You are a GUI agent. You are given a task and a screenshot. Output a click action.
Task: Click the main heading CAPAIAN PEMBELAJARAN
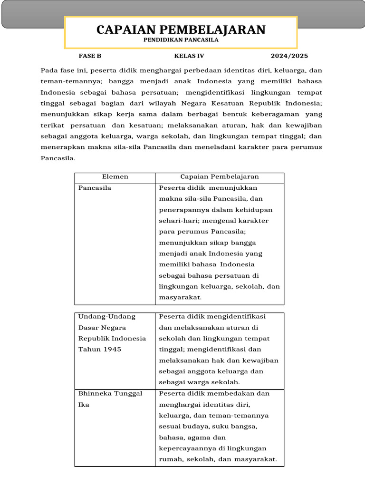coord(181,30)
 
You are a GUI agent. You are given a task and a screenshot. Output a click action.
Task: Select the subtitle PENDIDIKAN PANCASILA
coord(181,40)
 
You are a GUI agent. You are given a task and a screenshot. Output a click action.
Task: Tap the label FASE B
coord(90,56)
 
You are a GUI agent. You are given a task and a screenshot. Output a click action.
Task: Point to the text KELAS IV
coord(189,56)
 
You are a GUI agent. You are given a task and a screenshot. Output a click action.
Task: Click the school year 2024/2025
coord(289,56)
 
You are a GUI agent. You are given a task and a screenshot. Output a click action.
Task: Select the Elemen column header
coord(115,177)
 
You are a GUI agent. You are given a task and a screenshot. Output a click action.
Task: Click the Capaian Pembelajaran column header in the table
coord(220,177)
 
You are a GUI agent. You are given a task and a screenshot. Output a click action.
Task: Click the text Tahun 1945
coord(100,349)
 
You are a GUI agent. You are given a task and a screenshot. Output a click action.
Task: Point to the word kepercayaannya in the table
coord(188,448)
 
